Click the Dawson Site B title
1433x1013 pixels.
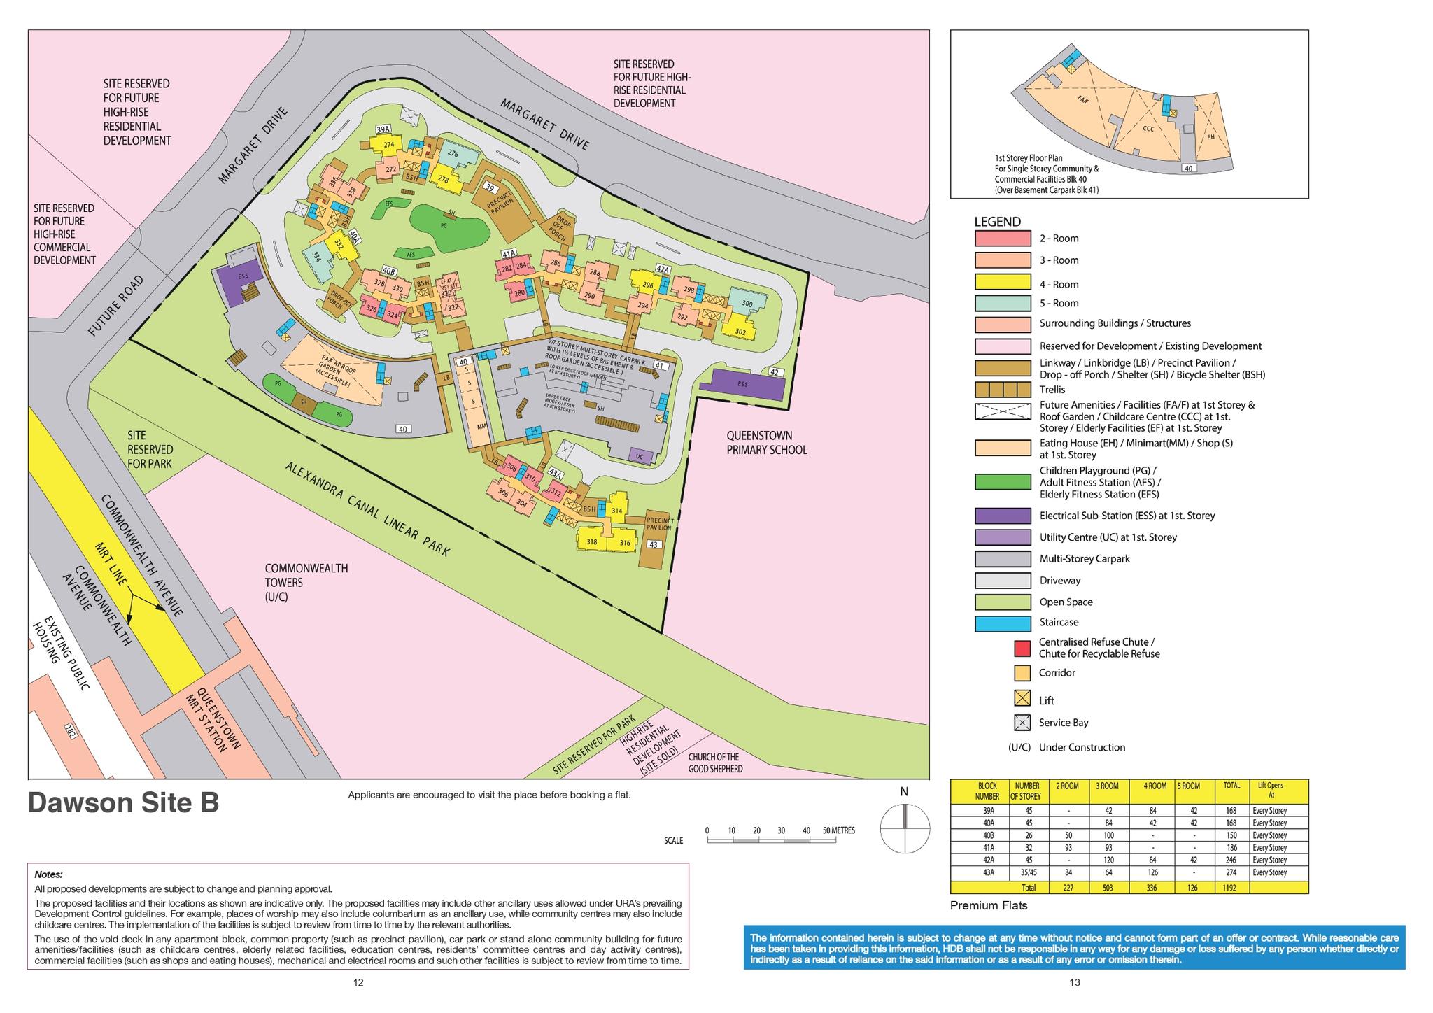tap(123, 803)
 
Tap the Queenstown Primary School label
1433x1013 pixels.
tap(766, 443)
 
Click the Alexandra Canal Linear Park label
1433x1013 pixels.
tap(367, 509)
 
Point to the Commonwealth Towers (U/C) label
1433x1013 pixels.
tap(306, 582)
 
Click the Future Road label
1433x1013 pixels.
tap(116, 306)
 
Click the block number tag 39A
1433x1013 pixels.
tap(383, 129)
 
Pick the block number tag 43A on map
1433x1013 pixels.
tap(555, 474)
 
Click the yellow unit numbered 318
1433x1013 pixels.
tap(591, 542)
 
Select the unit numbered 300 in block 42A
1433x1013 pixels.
tap(747, 304)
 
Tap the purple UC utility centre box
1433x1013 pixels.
tap(639, 456)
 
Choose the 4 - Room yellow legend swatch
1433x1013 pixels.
tap(1002, 283)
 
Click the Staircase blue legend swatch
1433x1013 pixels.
tap(1002, 623)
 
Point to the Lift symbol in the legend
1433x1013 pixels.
tap(1022, 698)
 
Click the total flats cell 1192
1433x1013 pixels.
tap(1231, 888)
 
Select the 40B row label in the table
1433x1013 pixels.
tap(987, 835)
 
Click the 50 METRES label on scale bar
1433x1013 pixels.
tap(838, 830)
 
